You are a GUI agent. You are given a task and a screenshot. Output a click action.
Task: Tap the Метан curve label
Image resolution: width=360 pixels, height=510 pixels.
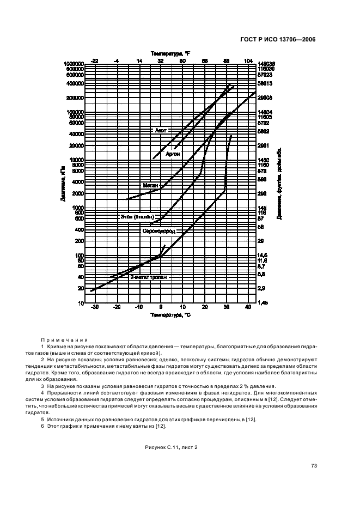(150, 185)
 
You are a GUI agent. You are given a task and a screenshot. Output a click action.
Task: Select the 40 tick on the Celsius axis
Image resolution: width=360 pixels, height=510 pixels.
(248, 308)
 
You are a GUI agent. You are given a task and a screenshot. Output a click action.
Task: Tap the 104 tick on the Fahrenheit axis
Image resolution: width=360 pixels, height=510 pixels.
(248, 60)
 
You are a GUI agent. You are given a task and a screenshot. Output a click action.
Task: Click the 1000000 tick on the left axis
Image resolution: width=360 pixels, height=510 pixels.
(74, 64)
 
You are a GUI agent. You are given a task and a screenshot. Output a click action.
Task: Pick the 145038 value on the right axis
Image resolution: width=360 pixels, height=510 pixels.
(267, 64)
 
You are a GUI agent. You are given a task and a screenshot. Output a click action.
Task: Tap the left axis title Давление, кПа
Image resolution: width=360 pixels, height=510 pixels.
(63, 184)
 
